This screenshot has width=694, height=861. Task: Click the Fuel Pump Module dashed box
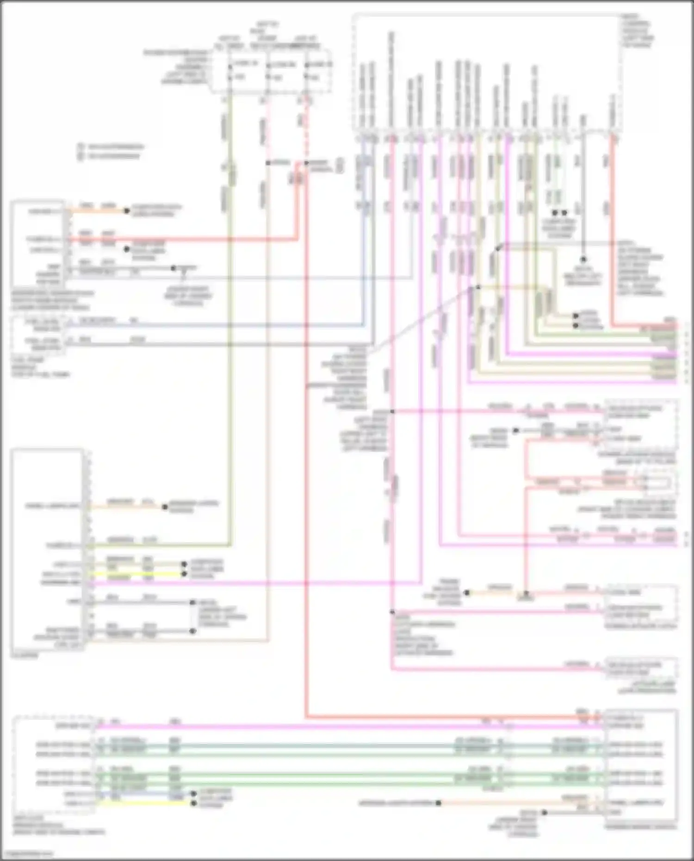(37, 334)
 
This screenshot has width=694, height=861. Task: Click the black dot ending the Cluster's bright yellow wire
(184, 574)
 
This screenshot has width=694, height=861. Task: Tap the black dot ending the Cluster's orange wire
(165, 507)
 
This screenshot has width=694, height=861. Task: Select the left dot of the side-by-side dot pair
(554, 213)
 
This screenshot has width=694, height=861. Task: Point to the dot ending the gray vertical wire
(583, 260)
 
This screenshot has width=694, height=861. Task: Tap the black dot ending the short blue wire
(194, 793)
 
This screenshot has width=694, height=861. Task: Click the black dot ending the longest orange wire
(438, 803)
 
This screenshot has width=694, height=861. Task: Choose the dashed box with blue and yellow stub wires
(53, 764)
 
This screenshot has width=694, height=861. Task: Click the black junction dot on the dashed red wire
(307, 163)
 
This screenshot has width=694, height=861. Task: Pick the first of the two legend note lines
(111, 147)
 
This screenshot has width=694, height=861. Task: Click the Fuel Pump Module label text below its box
(39, 367)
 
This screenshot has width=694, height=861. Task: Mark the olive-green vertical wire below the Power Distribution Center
(229, 324)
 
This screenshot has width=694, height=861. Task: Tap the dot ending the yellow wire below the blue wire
(194, 803)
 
